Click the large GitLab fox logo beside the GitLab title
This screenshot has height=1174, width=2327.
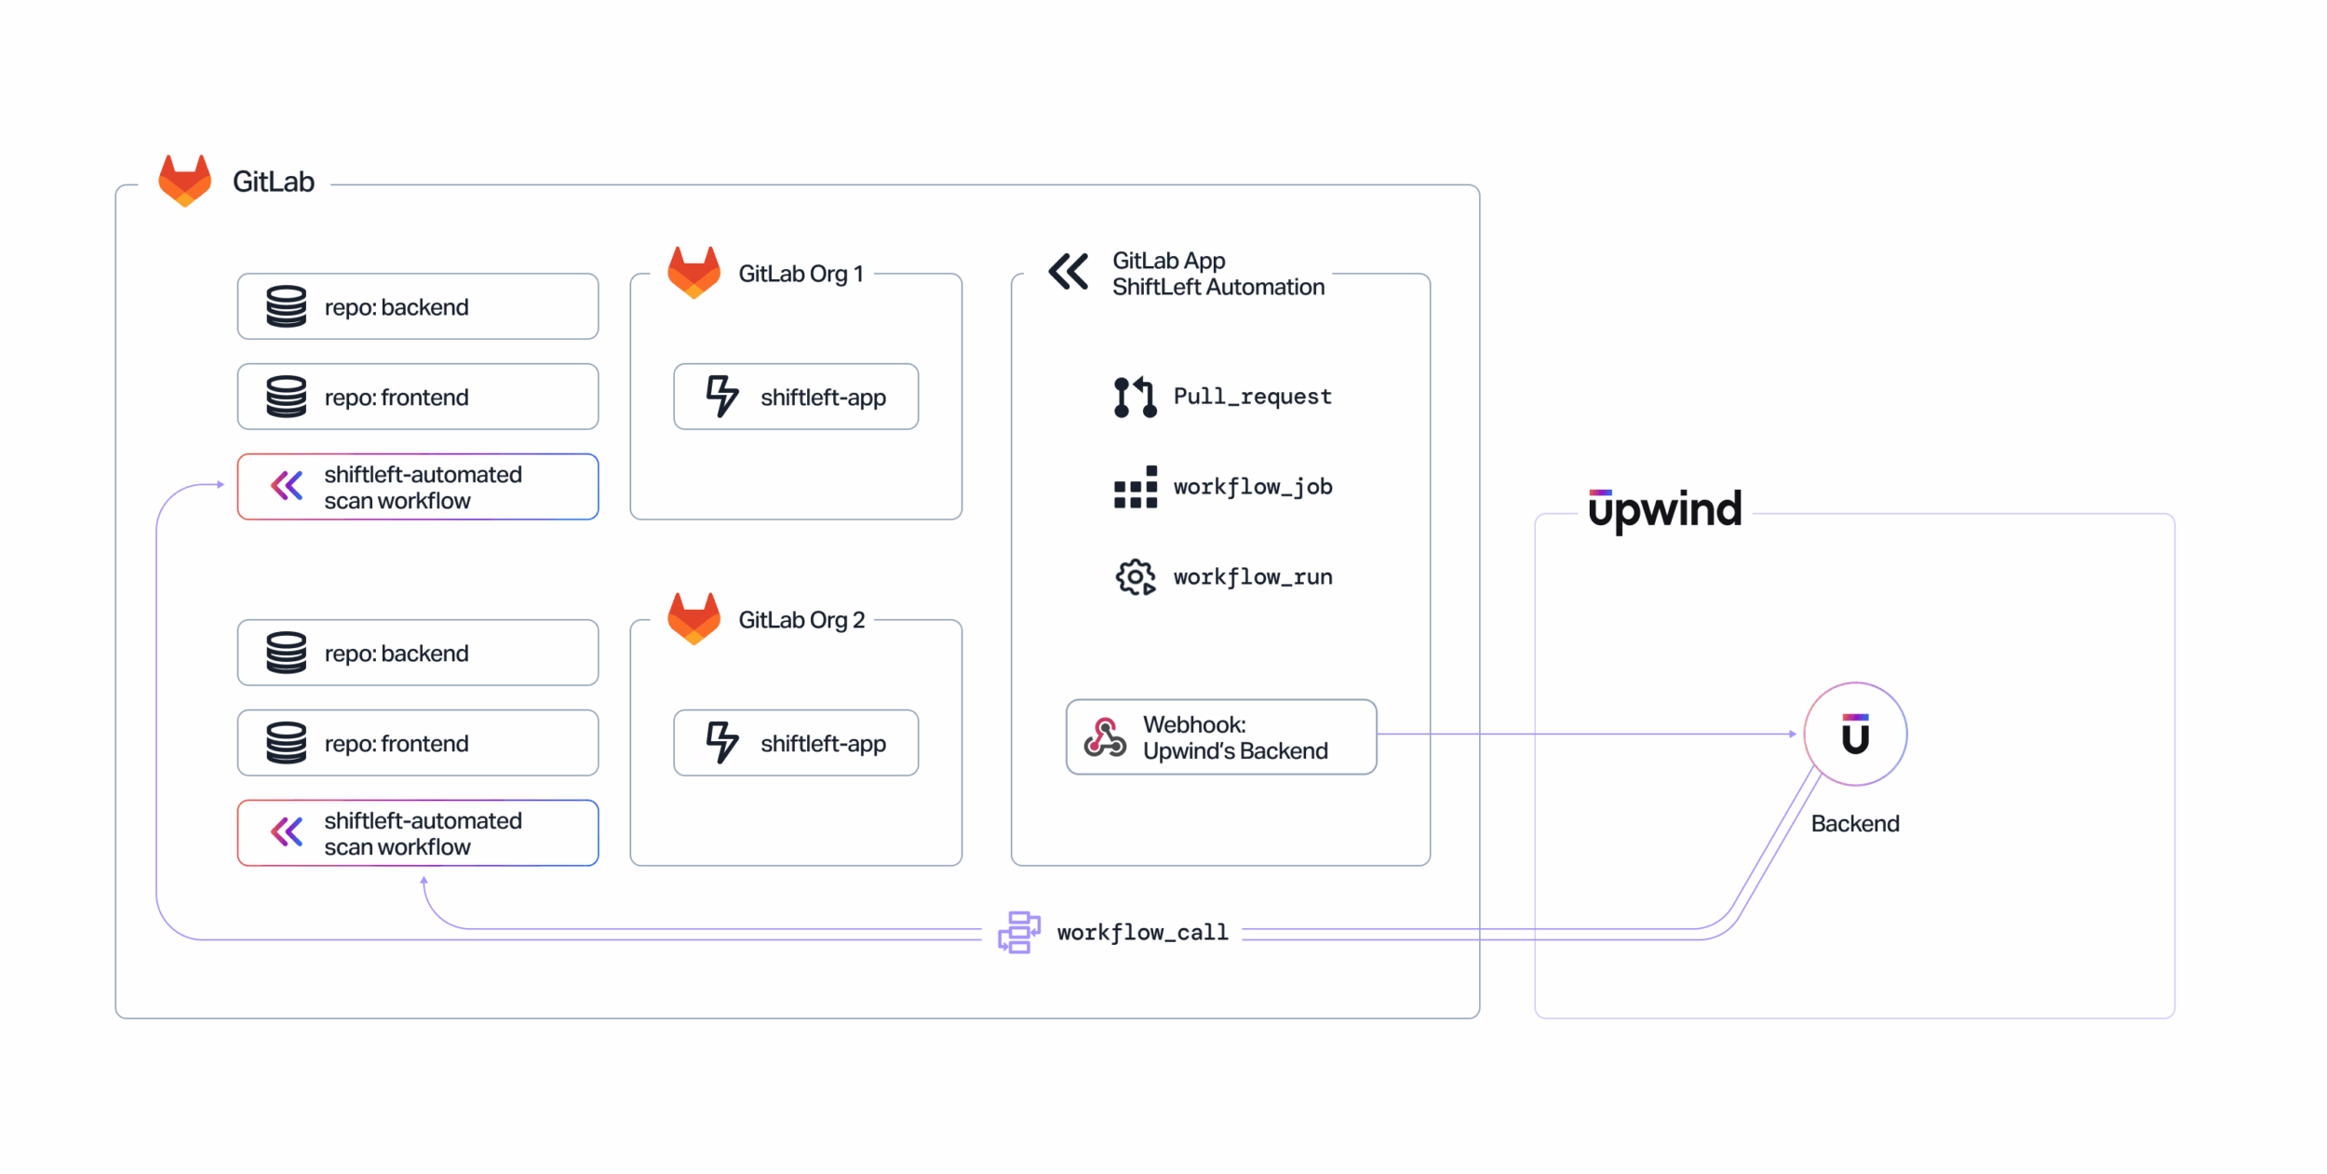tap(184, 181)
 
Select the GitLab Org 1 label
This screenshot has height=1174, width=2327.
tap(800, 274)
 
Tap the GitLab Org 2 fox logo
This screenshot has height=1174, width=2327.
tap(693, 619)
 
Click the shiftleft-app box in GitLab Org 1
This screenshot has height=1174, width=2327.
tap(796, 397)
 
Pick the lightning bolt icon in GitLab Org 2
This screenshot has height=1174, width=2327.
tap(721, 743)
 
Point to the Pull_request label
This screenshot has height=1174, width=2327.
tap(1252, 397)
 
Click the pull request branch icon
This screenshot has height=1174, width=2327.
tap(1135, 398)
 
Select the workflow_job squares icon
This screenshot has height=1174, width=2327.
tap(1135, 487)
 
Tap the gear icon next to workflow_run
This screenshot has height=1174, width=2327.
tap(1135, 577)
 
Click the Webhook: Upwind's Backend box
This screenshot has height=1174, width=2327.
tap(1220, 737)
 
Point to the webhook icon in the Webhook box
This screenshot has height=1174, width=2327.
tap(1105, 737)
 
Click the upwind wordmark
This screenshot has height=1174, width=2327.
tap(1664, 509)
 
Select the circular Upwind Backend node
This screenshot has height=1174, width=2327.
tap(1854, 735)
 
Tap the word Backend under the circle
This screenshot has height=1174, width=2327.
tap(1854, 824)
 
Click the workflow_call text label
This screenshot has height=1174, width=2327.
tap(1142, 933)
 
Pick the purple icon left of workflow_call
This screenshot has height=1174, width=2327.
tap(1019, 933)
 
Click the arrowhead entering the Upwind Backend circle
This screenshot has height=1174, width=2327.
tap(1793, 735)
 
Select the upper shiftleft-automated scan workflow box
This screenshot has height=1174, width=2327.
tap(418, 487)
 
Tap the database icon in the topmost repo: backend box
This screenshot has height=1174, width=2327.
tap(286, 307)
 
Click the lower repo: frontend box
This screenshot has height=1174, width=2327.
tap(418, 743)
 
